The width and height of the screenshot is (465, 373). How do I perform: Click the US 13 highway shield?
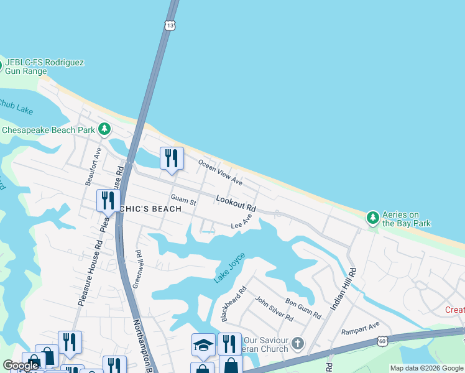tap(170, 25)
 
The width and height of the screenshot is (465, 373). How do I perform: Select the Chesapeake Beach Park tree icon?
tap(104, 129)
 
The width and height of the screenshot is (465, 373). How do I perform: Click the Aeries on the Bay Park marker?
tap(372, 218)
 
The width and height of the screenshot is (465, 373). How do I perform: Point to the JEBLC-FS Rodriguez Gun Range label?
tap(44, 67)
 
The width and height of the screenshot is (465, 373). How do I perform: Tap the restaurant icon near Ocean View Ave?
tap(171, 158)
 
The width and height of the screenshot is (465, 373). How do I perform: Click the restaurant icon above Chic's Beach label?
tap(108, 201)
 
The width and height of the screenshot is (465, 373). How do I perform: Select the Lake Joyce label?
tap(229, 268)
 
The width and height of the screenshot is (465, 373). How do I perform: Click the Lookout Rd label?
tap(236, 202)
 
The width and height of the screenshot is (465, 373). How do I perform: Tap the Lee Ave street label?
tap(242, 222)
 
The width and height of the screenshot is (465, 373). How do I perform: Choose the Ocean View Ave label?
tap(220, 172)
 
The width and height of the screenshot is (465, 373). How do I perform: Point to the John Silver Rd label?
tap(274, 309)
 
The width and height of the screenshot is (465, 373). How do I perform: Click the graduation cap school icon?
tap(203, 345)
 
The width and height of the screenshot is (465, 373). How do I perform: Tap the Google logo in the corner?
tap(21, 366)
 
